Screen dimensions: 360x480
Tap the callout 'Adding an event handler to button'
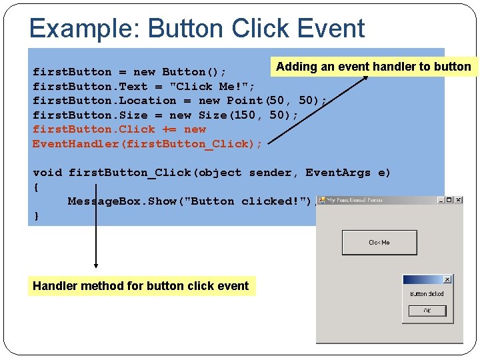pyautogui.click(x=373, y=66)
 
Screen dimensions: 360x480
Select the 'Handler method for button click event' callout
pyautogui.click(x=141, y=286)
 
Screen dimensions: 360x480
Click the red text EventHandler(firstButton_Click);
pyautogui.click(x=147, y=143)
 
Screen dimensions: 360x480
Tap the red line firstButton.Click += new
pyautogui.click(x=119, y=129)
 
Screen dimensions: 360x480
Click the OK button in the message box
pyautogui.click(x=427, y=311)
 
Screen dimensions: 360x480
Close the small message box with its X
pyautogui.click(x=447, y=279)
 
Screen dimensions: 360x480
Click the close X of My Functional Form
pyautogui.click(x=458, y=200)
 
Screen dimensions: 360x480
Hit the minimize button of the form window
pyautogui.click(x=441, y=200)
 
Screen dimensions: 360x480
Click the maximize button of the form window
pyautogui.click(x=449, y=200)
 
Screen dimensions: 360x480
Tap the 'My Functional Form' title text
pyautogui.click(x=355, y=200)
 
